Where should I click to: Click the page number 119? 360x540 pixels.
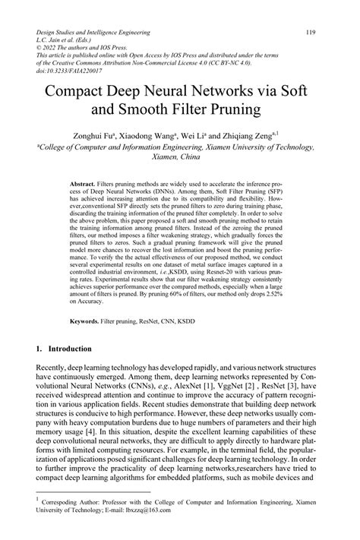point(310,33)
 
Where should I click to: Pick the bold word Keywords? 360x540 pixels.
point(84,321)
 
